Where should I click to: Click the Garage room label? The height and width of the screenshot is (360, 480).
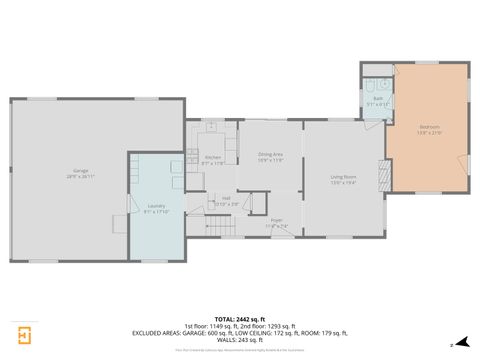pyautogui.click(x=80, y=170)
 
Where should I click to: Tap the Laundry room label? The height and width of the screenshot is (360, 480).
pyautogui.click(x=156, y=205)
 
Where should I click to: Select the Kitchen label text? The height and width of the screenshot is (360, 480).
pyautogui.click(x=213, y=157)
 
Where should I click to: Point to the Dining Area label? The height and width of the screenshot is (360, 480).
pyautogui.click(x=271, y=153)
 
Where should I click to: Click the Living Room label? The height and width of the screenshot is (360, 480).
pyautogui.click(x=344, y=177)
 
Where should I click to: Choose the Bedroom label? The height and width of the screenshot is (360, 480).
pyautogui.click(x=429, y=127)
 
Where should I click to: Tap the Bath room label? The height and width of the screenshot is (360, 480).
pyautogui.click(x=377, y=99)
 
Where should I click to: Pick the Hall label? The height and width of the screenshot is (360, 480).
pyautogui.click(x=226, y=198)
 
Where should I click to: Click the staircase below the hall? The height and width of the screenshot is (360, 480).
pyautogui.click(x=223, y=226)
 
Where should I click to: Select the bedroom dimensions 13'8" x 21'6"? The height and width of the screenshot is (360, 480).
pyautogui.click(x=429, y=132)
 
